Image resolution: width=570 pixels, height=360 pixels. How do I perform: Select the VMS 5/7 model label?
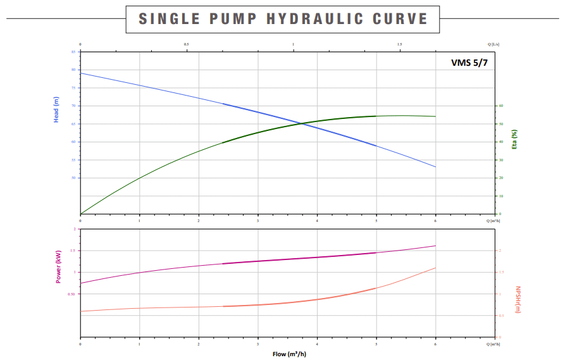point(469,63)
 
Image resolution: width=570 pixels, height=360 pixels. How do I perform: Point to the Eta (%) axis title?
point(514,139)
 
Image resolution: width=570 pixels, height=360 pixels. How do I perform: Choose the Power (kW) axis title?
point(58,266)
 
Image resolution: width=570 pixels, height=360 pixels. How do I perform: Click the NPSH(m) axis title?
point(517,299)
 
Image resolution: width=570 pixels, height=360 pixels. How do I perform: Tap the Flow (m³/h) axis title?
point(288,354)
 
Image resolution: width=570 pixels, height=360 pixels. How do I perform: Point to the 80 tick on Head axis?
point(73,70)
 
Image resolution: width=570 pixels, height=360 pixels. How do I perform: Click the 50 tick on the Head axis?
point(73,178)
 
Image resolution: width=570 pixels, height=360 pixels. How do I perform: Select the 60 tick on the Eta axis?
point(500,106)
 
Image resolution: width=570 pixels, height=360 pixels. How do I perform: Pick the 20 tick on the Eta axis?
point(500,178)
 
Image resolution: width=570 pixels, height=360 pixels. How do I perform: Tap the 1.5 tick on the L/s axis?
point(400,44)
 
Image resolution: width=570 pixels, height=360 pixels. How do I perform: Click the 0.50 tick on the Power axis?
point(71,294)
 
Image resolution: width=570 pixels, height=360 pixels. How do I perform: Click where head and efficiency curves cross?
point(302,123)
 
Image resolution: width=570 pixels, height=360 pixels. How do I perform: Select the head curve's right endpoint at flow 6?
point(435,167)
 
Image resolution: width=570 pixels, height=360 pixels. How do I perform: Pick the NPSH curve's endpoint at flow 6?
point(435,268)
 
